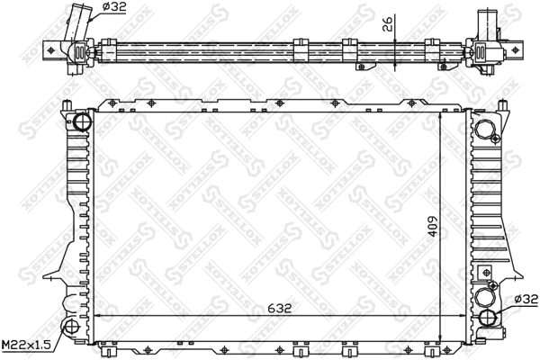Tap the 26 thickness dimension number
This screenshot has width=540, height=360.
click(x=385, y=24)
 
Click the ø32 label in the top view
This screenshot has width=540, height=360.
click(x=113, y=7)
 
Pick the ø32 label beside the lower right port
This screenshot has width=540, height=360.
click(x=525, y=300)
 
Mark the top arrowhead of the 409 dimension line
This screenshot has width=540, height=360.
click(x=440, y=116)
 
